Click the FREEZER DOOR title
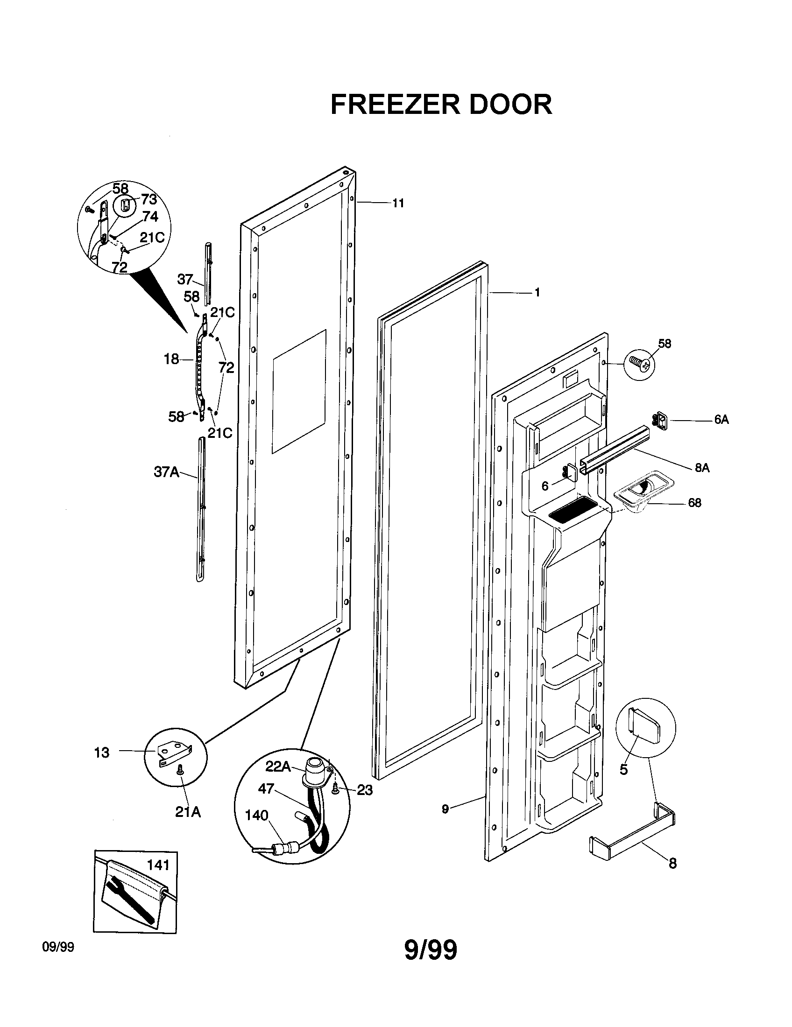[441, 105]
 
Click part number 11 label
[398, 204]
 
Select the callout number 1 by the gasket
[537, 293]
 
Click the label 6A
[721, 420]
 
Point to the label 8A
[702, 468]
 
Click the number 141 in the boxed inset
[158, 865]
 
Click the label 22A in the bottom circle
[277, 767]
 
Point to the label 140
[256, 815]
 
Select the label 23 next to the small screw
[365, 790]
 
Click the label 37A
[167, 472]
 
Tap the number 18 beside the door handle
[171, 359]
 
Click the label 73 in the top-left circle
[148, 200]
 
